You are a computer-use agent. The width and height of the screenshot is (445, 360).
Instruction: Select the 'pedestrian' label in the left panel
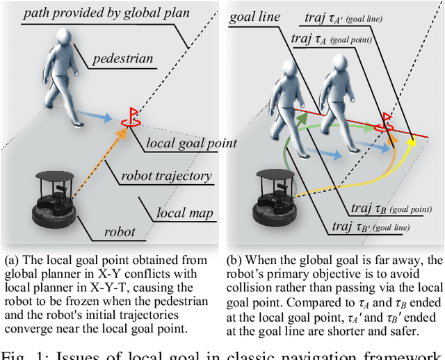click(122, 59)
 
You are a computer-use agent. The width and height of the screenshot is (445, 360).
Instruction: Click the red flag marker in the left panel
click(130, 117)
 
